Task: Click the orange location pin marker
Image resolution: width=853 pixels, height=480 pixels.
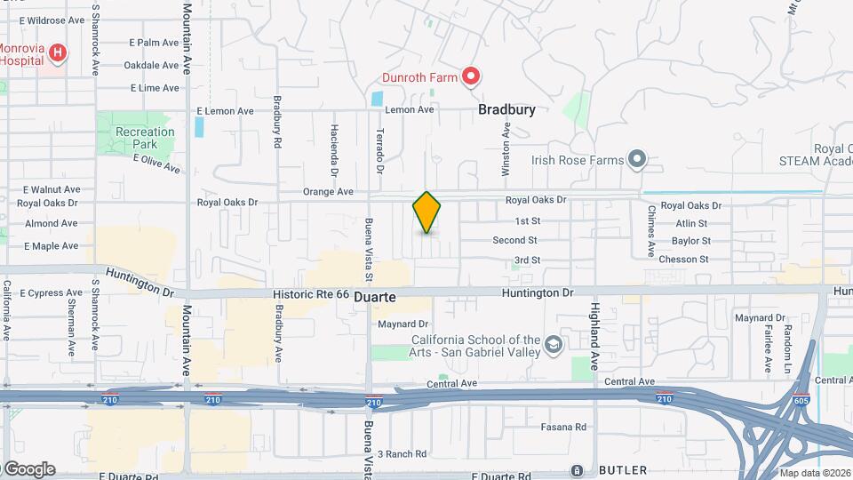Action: pyautogui.click(x=427, y=212)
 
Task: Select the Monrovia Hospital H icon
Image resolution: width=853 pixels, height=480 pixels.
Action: pyautogui.click(x=58, y=54)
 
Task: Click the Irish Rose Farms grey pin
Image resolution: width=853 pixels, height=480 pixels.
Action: pyautogui.click(x=636, y=160)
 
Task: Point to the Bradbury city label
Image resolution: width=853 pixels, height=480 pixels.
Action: pyautogui.click(x=506, y=110)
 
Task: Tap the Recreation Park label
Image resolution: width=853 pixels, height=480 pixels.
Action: pyautogui.click(x=145, y=138)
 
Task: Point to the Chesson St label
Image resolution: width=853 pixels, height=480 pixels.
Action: pyautogui.click(x=684, y=260)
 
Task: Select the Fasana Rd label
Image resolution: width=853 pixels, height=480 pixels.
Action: pyautogui.click(x=565, y=428)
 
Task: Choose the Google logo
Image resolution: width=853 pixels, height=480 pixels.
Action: pyautogui.click(x=28, y=469)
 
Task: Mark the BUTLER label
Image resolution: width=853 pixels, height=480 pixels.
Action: pyautogui.click(x=622, y=469)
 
